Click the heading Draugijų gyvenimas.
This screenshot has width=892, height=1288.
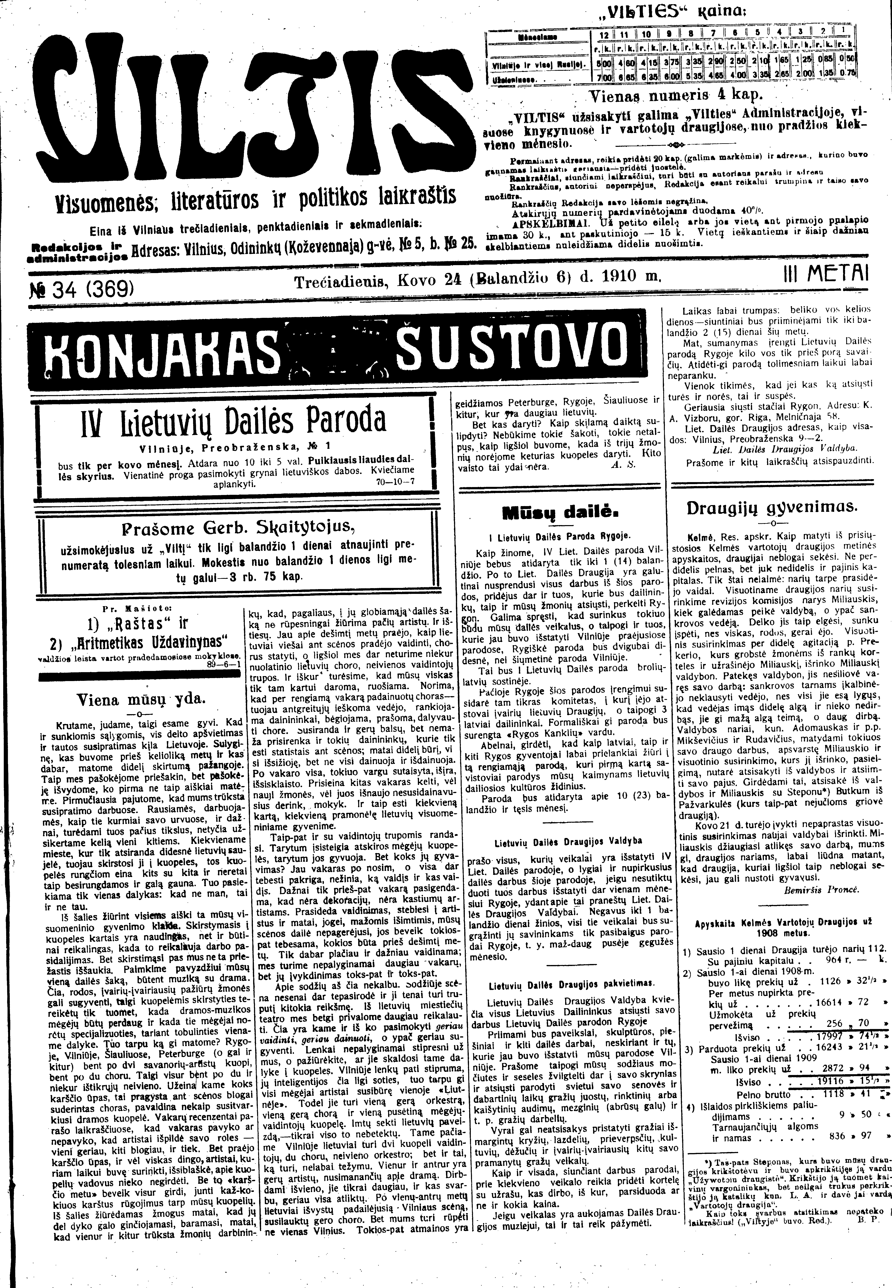click(x=771, y=508)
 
